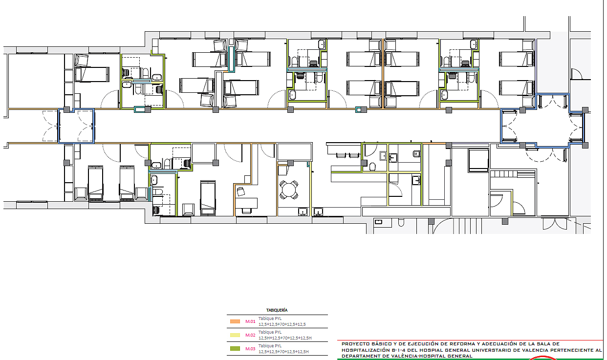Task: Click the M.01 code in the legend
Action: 250,321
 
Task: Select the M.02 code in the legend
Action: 250,335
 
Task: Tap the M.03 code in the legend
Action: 250,349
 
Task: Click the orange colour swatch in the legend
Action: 235,321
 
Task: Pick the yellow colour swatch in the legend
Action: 235,335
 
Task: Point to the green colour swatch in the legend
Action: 235,349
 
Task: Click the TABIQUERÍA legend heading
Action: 277,310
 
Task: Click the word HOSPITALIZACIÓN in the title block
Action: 366,350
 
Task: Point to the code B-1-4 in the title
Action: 399,350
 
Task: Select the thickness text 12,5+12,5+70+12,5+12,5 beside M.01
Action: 282,324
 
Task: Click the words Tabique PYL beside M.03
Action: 270,346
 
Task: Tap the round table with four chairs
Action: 289,190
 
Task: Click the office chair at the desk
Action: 240,191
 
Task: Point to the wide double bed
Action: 478,160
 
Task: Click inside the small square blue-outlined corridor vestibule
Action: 76,126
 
